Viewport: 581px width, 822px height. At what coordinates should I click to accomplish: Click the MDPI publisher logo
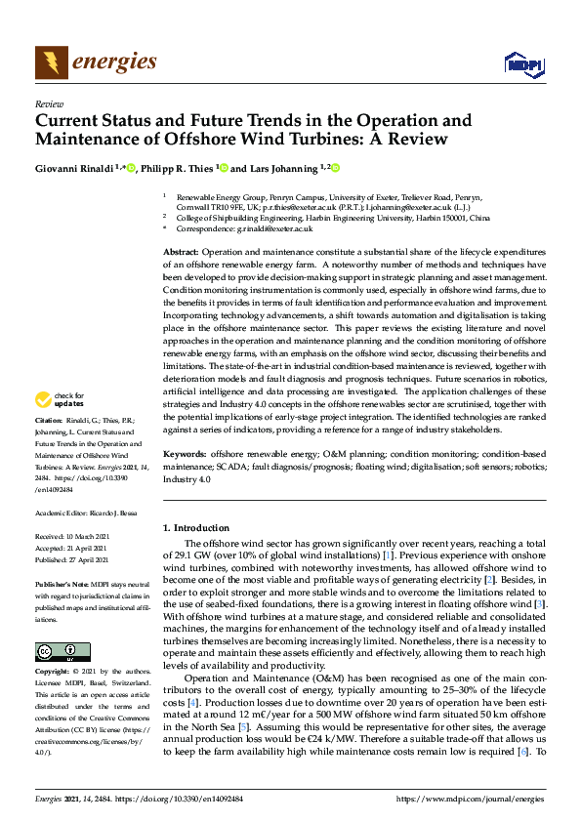tap(523, 64)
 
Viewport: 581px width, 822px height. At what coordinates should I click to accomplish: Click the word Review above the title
tap(49, 103)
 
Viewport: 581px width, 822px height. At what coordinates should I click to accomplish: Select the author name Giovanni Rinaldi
tap(73, 168)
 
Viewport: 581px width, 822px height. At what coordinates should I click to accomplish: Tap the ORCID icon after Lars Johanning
tap(335, 168)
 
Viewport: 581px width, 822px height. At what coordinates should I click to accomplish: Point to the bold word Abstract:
tap(182, 253)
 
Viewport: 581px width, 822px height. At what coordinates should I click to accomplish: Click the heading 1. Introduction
tap(197, 528)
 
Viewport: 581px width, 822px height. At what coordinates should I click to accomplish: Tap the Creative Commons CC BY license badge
tap(57, 650)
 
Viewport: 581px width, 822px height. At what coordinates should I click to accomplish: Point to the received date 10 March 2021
tap(97, 537)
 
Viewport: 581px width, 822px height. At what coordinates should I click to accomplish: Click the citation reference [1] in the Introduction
tap(388, 555)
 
